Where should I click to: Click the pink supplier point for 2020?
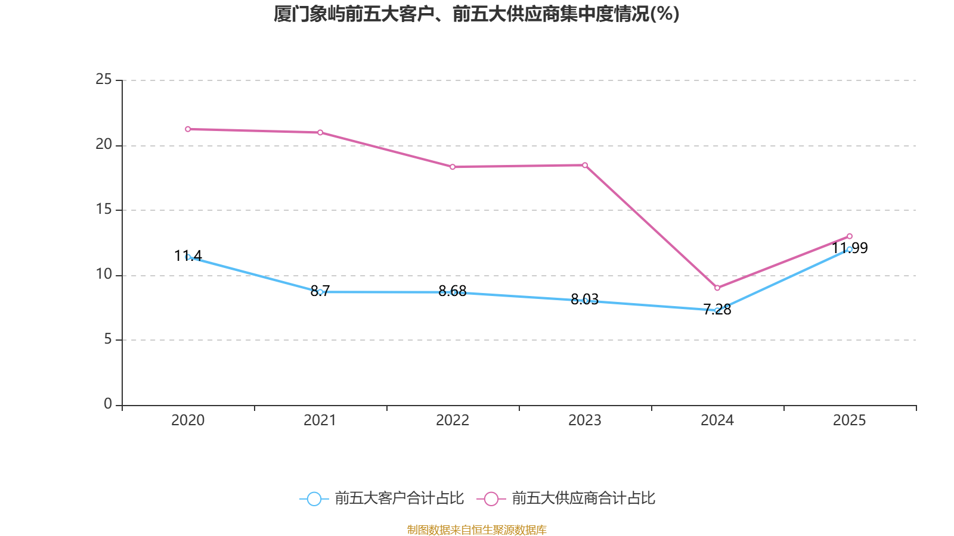(188, 129)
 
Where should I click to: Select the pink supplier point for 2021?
(320, 132)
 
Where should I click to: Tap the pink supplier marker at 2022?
(453, 167)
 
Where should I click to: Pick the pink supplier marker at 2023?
(585, 165)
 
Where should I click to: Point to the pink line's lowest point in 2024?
(717, 288)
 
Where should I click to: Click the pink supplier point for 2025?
(850, 236)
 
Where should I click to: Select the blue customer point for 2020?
(188, 257)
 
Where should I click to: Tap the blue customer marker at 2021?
(320, 292)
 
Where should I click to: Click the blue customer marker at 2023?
(585, 301)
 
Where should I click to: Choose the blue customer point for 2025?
(850, 250)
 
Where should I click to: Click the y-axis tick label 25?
(104, 79)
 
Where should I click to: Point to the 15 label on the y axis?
(104, 209)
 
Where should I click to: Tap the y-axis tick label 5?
(107, 339)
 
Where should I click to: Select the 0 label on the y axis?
(107, 404)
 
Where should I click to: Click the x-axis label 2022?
(453, 420)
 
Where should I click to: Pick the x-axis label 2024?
(717, 420)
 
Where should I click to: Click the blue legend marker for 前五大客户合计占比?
(314, 498)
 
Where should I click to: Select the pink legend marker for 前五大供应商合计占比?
(491, 498)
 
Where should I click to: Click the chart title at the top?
(476, 14)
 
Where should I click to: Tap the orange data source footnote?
(476, 529)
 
